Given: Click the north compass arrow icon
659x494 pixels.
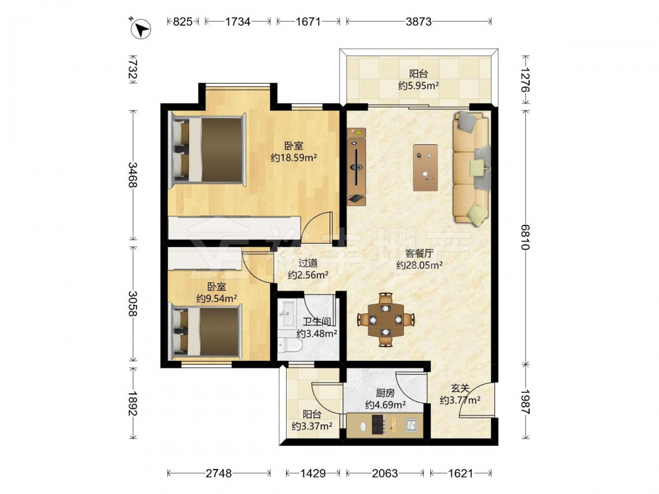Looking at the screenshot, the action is [140, 29].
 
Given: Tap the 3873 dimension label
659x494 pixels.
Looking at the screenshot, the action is [418, 22].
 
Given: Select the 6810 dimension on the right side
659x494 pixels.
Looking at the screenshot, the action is [525, 237].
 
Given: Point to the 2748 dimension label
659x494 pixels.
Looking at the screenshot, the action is [219, 474].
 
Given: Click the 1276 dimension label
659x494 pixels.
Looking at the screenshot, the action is [525, 80].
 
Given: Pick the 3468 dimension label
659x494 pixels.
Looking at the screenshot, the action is [133, 175].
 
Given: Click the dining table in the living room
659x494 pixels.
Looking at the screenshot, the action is [385, 319].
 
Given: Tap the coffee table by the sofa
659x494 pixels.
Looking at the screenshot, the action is [425, 167].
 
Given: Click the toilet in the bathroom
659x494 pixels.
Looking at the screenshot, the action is [290, 345].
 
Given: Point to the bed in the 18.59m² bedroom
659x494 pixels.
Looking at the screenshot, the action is [208, 150].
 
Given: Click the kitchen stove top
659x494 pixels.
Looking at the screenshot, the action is [378, 424].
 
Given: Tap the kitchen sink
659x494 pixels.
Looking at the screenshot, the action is [411, 425].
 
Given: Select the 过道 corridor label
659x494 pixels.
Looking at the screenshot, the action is [308, 263].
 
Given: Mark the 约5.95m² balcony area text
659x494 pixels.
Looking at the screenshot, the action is [418, 86].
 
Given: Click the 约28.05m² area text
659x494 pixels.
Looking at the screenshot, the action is [420, 265].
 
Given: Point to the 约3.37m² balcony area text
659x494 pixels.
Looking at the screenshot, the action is [312, 426].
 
